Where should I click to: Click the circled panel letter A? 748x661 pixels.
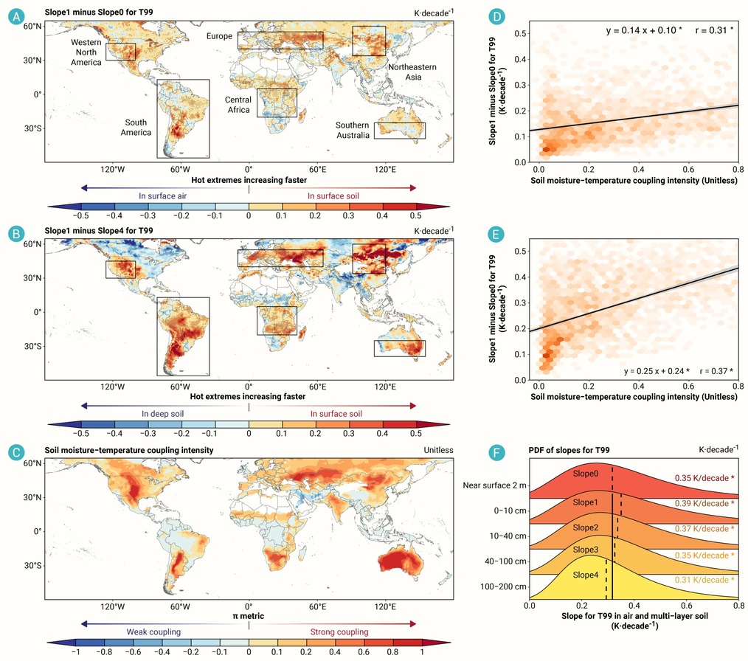(16, 17)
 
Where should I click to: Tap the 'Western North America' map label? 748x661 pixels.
(86, 52)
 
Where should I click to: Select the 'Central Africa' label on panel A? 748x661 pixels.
(238, 105)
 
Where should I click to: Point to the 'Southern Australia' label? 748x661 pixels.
(353, 130)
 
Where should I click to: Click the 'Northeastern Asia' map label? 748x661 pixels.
(412, 72)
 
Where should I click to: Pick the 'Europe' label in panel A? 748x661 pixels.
(219, 36)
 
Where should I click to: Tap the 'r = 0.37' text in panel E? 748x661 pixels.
(713, 371)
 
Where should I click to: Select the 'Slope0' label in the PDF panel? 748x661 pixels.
(585, 474)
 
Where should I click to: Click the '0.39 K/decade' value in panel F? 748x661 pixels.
(702, 504)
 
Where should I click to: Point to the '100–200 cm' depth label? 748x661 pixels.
(503, 586)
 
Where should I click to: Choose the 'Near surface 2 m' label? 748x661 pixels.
(495, 485)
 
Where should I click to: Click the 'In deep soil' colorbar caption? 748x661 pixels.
(163, 414)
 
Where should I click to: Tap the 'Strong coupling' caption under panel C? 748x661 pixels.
(339, 632)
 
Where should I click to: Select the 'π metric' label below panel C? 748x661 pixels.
(248, 616)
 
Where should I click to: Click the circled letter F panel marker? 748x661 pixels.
(496, 452)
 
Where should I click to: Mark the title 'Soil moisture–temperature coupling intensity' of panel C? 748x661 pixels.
(129, 450)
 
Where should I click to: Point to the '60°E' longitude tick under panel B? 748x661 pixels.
(317, 387)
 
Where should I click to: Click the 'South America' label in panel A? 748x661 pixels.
(136, 128)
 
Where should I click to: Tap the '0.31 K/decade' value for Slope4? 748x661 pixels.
(702, 580)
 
